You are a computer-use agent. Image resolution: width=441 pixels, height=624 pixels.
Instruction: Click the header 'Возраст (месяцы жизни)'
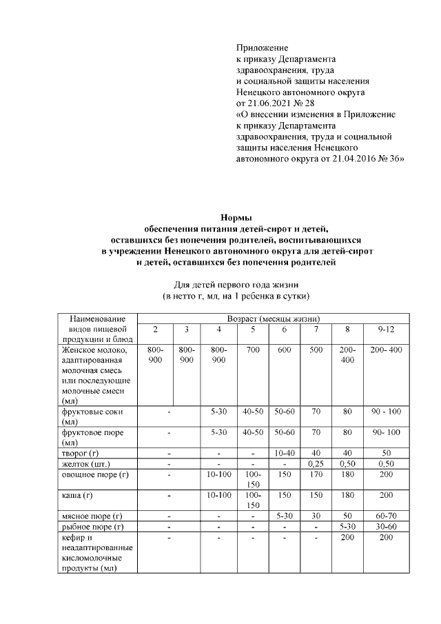[273, 319]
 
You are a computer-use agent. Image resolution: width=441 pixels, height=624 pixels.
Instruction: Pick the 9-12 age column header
[385, 330]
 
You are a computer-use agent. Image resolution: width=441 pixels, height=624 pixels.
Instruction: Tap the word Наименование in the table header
[98, 319]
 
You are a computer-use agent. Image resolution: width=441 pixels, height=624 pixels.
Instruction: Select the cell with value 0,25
[316, 463]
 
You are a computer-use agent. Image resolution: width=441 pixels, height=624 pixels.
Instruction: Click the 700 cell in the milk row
[252, 350]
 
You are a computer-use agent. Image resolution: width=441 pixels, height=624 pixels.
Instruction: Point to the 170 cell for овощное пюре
[316, 474]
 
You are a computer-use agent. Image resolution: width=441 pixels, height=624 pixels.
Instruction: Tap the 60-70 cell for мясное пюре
[385, 515]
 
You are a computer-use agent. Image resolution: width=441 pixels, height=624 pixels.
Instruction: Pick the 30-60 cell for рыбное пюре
[385, 526]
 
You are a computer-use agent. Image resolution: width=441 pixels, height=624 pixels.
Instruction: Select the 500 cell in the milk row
[316, 350]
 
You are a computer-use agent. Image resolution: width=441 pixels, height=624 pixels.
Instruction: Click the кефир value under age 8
[347, 537]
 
